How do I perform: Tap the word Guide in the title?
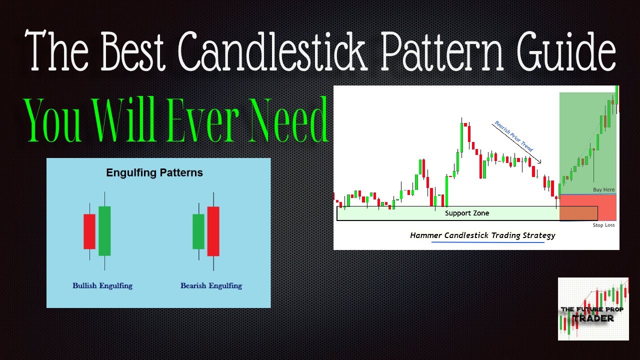click(x=558, y=52)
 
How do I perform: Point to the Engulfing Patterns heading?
click(x=154, y=173)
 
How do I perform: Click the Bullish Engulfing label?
click(x=102, y=286)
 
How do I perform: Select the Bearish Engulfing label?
click(x=211, y=286)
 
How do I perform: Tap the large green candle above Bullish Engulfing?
click(x=104, y=230)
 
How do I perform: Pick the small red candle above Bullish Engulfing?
click(x=89, y=231)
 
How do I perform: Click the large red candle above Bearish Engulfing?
click(x=213, y=231)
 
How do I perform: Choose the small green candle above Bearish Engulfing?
click(x=198, y=231)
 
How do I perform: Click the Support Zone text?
click(x=467, y=213)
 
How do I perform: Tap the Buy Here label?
click(x=603, y=190)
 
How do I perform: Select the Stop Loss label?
click(x=603, y=225)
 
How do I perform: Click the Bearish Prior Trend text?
click(x=513, y=136)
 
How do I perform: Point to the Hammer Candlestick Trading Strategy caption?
click(x=482, y=235)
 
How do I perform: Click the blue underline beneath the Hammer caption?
click(x=487, y=242)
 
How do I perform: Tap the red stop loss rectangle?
click(x=587, y=207)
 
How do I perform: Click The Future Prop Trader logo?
click(x=593, y=309)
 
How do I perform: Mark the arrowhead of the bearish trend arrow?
click(x=540, y=161)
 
